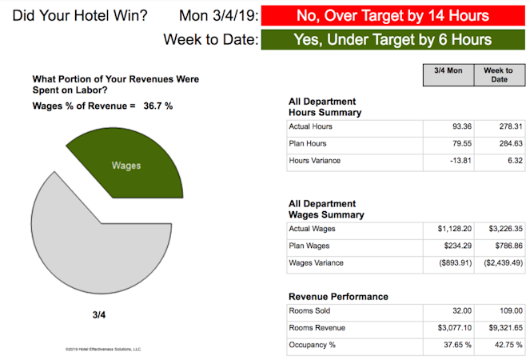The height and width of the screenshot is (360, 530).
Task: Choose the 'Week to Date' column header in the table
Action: point(499,74)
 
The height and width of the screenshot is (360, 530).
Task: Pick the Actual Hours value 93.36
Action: point(452,126)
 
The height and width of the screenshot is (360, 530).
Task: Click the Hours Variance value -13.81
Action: point(452,161)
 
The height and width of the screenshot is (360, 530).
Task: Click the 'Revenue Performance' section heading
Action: point(337,297)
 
